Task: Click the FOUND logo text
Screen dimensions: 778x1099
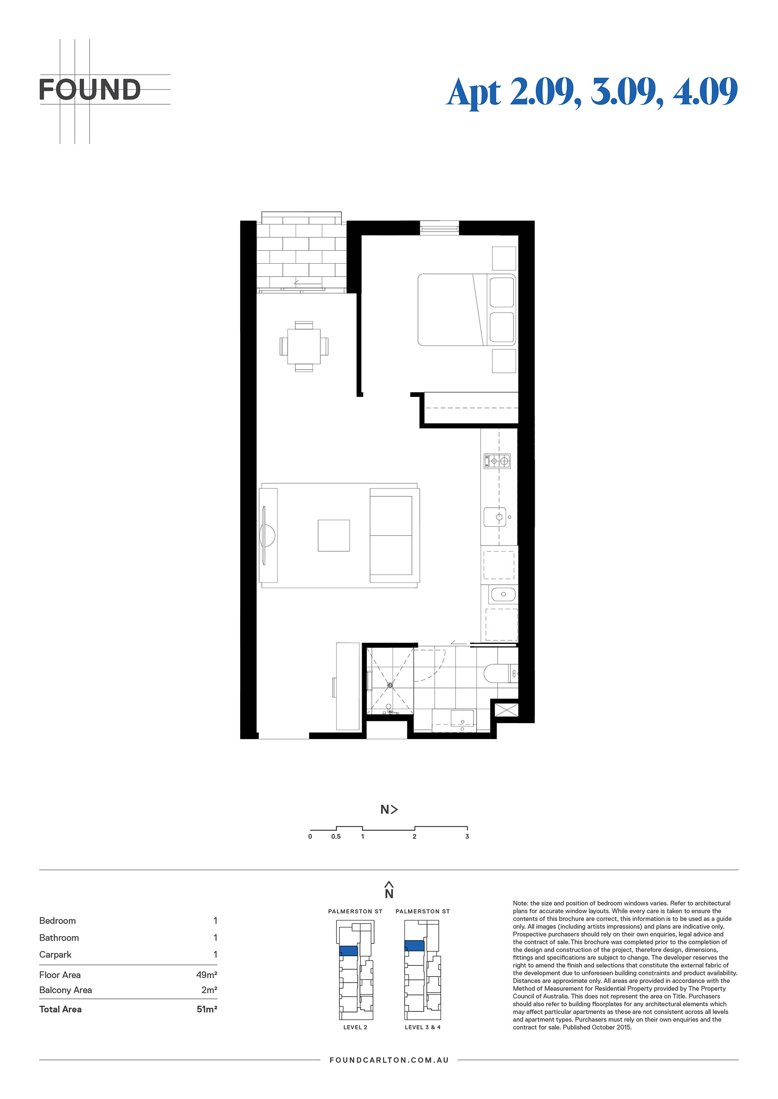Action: point(90,90)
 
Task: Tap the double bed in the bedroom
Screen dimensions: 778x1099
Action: point(466,309)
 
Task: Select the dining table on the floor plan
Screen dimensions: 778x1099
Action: point(304,346)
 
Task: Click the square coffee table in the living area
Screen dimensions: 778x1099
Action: point(334,535)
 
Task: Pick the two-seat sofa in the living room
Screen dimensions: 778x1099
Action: point(394,535)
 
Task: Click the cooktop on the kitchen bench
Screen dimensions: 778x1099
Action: point(497,461)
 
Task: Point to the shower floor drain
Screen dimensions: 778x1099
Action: point(390,685)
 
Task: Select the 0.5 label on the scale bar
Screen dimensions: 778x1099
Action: point(336,836)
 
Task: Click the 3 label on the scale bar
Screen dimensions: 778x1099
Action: point(467,836)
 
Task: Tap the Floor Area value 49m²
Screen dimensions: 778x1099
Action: point(206,975)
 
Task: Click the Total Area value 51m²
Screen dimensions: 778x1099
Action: point(207,1009)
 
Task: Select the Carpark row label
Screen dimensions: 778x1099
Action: point(55,954)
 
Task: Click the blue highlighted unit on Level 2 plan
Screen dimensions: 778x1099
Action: point(348,950)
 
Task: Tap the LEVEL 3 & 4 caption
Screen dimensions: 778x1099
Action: point(422,1027)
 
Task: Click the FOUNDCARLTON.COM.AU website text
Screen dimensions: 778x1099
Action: point(389,1060)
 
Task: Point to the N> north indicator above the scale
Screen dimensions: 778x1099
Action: point(389,809)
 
